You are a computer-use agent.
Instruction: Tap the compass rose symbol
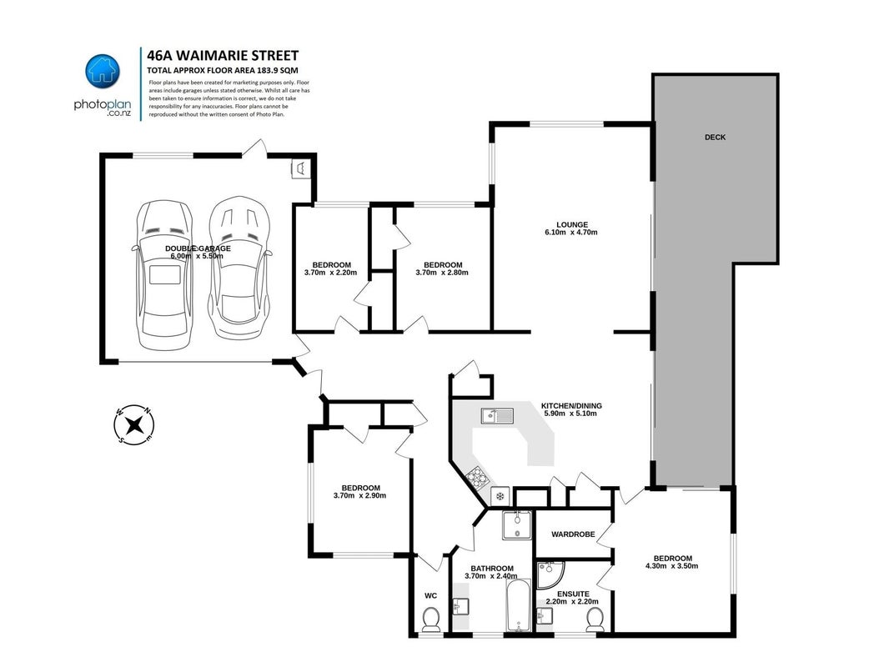point(133,425)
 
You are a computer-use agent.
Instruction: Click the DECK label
point(716,137)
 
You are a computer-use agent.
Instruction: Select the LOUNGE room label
point(572,224)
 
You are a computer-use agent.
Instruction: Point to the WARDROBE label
point(573,534)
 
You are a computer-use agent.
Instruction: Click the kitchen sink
point(497,415)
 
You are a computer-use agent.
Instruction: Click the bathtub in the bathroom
point(519,605)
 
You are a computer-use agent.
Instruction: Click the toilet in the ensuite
point(595,619)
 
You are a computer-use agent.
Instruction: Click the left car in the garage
point(166,275)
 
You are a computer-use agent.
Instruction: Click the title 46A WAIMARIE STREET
point(223,56)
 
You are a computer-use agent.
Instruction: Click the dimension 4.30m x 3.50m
point(672,565)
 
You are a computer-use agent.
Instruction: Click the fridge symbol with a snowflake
point(500,495)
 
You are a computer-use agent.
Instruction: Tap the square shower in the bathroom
point(518,525)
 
